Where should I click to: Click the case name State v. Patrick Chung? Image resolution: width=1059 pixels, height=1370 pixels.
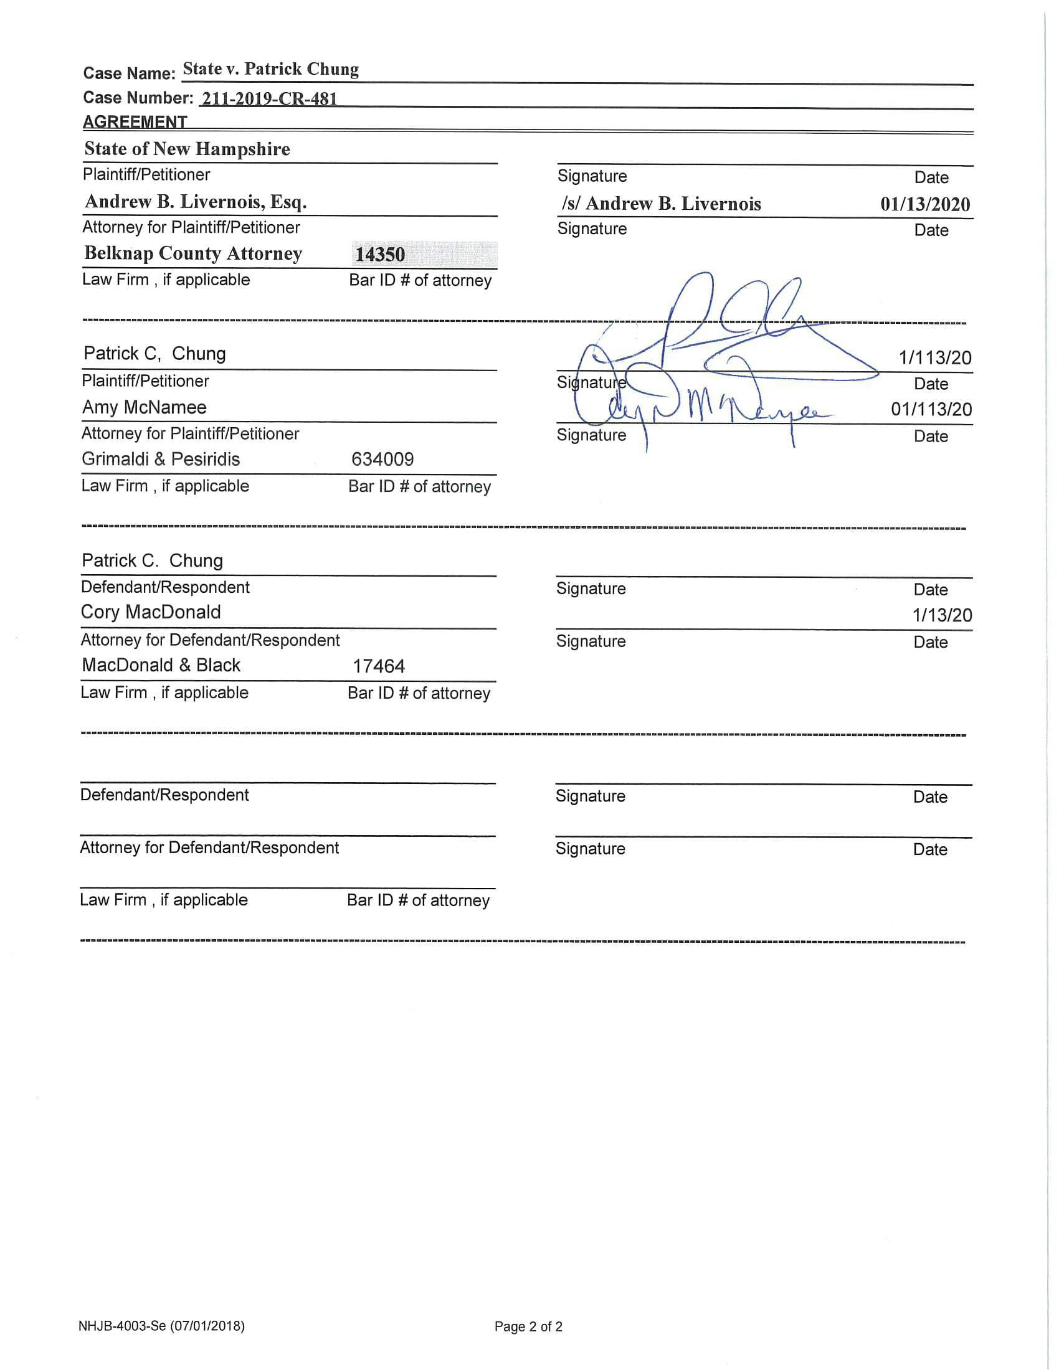[270, 69]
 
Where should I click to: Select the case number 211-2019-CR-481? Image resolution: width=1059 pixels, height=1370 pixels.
[269, 98]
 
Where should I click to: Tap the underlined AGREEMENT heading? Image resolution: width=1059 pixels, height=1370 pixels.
[135, 121]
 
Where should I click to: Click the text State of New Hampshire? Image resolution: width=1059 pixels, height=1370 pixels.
[187, 149]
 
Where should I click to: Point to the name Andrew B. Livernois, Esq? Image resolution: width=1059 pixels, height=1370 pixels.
[195, 201]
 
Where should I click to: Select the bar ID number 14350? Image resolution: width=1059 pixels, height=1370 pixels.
[380, 254]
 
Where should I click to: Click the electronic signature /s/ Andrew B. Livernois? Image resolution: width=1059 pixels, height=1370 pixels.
[661, 204]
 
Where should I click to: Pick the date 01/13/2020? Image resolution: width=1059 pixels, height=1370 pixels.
[924, 204]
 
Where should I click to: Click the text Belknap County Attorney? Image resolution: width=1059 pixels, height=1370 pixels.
[193, 253]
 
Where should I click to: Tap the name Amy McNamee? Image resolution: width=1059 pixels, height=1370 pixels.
[145, 407]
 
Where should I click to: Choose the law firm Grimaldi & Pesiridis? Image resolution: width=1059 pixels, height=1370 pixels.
[161, 459]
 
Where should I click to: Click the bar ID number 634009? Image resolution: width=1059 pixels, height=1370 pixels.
[382, 459]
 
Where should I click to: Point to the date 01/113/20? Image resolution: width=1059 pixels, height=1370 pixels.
[931, 410]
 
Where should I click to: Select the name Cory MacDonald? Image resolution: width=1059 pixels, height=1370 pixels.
[151, 612]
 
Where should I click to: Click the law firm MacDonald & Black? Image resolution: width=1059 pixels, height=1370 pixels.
[161, 665]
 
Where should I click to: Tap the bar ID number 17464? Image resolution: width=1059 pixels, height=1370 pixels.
[378, 666]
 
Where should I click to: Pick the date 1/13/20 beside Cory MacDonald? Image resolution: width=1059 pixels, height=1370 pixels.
[942, 615]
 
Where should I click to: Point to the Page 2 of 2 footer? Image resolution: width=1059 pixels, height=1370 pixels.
[528, 1326]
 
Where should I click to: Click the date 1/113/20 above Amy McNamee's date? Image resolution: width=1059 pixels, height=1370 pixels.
[935, 357]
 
